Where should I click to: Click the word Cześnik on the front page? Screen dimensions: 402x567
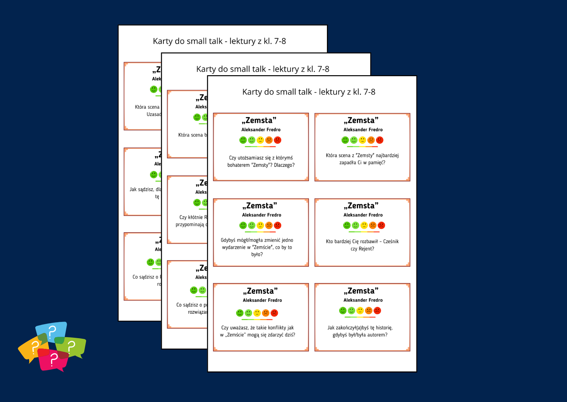[x=391, y=242]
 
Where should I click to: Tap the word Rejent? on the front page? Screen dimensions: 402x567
[x=366, y=249]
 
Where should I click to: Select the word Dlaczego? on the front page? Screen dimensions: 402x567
[x=284, y=165]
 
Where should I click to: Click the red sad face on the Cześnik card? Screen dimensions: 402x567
[x=381, y=225]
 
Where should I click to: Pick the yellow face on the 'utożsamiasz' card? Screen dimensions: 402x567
[x=260, y=140]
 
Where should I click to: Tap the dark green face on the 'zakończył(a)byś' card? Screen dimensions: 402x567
[x=343, y=311]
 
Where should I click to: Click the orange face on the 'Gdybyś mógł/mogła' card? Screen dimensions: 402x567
[x=269, y=225]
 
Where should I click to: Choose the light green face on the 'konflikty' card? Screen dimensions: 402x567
[x=248, y=313]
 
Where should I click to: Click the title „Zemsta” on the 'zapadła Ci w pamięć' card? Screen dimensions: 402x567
[x=361, y=121]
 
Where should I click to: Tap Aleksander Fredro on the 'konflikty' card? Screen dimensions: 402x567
[x=262, y=300]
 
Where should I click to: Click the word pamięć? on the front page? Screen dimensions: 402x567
[x=377, y=163]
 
